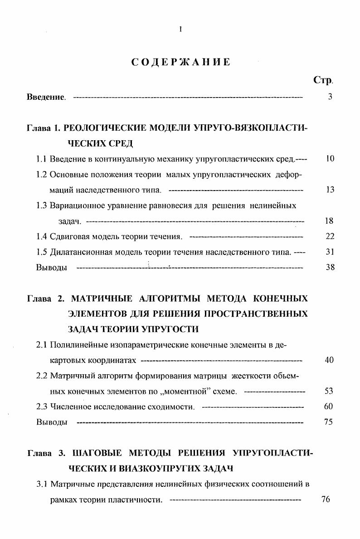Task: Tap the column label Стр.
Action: (x=323, y=80)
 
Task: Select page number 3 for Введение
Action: (x=330, y=97)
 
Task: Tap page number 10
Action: (x=330, y=160)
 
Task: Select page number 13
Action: (x=330, y=190)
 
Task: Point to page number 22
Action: (x=330, y=236)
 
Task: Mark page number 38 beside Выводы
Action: (x=330, y=267)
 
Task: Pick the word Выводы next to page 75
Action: (x=52, y=422)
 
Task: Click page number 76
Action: (x=325, y=500)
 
